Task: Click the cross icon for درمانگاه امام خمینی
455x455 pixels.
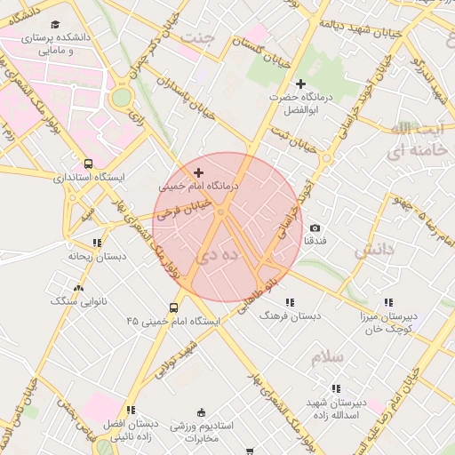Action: (197, 172)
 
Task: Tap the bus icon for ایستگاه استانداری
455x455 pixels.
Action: (88, 164)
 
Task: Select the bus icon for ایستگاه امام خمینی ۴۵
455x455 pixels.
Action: (173, 308)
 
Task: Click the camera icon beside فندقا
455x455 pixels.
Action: (315, 228)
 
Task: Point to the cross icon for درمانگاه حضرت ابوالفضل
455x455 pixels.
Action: (300, 83)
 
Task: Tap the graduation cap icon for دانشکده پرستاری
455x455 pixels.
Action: (56, 25)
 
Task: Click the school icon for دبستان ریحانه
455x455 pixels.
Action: (96, 242)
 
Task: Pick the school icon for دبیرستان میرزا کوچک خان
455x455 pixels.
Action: (394, 303)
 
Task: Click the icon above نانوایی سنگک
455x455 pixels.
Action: (79, 287)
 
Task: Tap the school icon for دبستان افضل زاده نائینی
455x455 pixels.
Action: (130, 410)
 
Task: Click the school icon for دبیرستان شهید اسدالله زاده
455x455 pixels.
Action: (336, 388)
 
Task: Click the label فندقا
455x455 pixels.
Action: (315, 242)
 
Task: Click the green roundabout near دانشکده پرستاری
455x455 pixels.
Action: (121, 96)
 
